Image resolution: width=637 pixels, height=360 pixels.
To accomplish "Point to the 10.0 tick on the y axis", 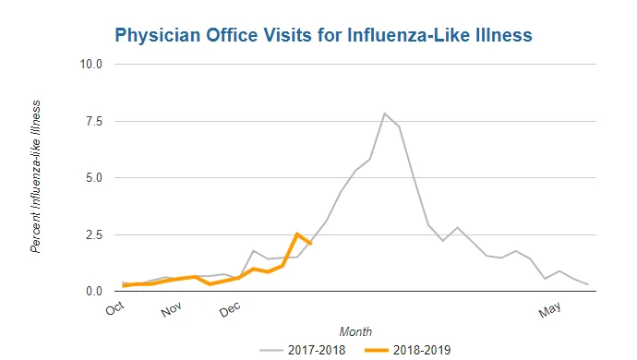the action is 91,65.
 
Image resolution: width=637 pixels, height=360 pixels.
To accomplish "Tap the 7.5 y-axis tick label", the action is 94,122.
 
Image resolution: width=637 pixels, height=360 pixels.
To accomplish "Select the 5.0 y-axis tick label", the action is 94,178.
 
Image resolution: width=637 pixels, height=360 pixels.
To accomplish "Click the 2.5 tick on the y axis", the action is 94,234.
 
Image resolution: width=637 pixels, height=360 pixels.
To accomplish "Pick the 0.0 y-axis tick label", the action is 94,292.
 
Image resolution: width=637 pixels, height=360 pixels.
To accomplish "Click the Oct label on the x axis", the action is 114,309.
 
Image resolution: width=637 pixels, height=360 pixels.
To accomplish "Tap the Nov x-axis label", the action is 171,309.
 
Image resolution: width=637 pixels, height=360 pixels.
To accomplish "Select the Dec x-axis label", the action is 230,309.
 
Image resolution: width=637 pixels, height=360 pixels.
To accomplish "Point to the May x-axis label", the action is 549,309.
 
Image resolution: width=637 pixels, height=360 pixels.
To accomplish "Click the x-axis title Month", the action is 355,332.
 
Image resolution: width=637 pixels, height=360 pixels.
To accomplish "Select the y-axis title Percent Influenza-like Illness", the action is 36,176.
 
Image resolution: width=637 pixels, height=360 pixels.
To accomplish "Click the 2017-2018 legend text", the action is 317,350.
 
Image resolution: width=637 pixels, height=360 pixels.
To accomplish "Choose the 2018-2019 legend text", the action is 422,350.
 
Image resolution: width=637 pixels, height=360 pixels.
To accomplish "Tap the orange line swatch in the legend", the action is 377,350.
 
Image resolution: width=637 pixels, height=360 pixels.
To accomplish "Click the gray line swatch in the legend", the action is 271,350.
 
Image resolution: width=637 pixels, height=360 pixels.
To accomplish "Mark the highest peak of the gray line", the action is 384,114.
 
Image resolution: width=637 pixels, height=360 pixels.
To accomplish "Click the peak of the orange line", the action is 297,234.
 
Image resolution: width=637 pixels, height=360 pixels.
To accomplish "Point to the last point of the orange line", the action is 311,244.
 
